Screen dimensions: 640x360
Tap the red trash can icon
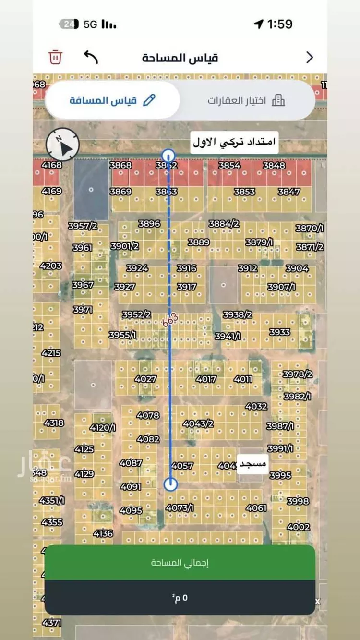click(55, 57)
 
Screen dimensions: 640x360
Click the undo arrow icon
click(91, 57)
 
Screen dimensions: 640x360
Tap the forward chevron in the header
click(310, 58)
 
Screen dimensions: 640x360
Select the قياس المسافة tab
click(112, 100)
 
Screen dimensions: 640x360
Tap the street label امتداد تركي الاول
click(235, 142)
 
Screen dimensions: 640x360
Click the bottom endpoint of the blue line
click(170, 484)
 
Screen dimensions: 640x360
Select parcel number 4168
click(52, 165)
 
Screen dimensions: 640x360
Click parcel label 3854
click(229, 165)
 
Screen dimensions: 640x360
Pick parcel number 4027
click(145, 379)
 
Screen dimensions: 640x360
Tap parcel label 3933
click(279, 332)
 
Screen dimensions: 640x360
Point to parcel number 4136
click(103, 533)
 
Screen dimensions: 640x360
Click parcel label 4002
click(298, 527)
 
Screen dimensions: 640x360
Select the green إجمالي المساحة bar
click(180, 562)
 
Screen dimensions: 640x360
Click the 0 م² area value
click(180, 597)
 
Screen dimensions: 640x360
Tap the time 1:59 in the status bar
click(280, 24)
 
